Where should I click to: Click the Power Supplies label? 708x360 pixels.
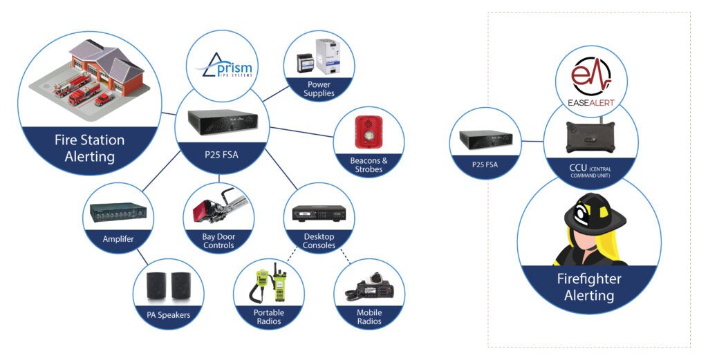(x=319, y=88)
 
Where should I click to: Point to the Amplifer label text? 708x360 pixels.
(x=118, y=239)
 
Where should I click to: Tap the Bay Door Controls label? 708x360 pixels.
(x=218, y=240)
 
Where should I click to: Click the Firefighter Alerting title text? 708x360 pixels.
(x=589, y=287)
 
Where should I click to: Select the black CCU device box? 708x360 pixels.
(x=591, y=138)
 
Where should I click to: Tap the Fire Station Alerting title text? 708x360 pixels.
(x=90, y=148)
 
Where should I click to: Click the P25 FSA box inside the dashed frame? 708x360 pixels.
(x=485, y=141)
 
